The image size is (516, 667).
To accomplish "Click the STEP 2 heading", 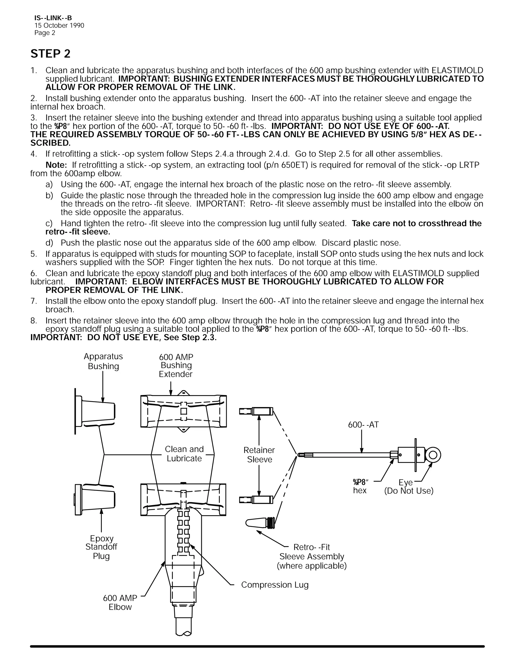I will tap(50, 54).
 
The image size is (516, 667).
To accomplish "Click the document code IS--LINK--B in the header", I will tap(53, 18).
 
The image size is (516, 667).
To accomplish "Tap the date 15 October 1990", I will tap(59, 26).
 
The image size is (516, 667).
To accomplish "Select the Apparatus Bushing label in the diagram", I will tap(103, 361).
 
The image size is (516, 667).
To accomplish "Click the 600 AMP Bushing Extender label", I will tap(176, 365).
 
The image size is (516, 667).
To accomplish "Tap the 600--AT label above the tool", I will tap(363, 425).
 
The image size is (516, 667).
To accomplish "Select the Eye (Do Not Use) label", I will tap(409, 487).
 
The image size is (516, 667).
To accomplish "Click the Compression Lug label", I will tap(275, 585).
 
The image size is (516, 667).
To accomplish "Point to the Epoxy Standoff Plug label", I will tap(101, 547).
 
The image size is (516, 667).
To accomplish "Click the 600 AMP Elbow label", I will tap(120, 602).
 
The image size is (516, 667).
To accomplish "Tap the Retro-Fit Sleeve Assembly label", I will tap(311, 557).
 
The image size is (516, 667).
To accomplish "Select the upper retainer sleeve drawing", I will tap(256, 411).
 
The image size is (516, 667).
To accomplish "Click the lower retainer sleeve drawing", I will tap(256, 500).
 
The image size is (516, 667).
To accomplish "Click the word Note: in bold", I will tap(56, 165).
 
